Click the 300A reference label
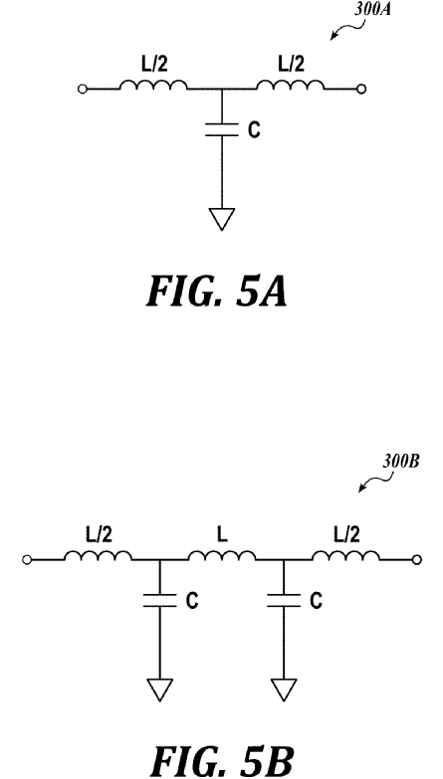pos(371,9)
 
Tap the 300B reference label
pos(400,462)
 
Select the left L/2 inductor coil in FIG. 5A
pos(152,85)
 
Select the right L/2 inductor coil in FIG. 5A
pos(291,85)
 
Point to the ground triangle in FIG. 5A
pos(222,219)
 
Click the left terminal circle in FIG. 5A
pos(83,89)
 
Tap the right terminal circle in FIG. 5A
pos(362,89)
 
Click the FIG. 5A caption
pos(216,291)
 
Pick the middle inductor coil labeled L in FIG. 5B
pos(222,555)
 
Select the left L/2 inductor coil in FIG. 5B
pos(98,555)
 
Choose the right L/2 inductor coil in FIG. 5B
pos(346,555)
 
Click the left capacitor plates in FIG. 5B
pos(159,600)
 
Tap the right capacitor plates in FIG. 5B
pos(284,600)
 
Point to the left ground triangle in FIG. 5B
pos(159,689)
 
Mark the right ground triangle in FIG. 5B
pos(284,689)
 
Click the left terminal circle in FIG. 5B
pos(27,560)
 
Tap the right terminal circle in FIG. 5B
pos(417,560)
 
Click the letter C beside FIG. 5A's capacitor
pos(254,130)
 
